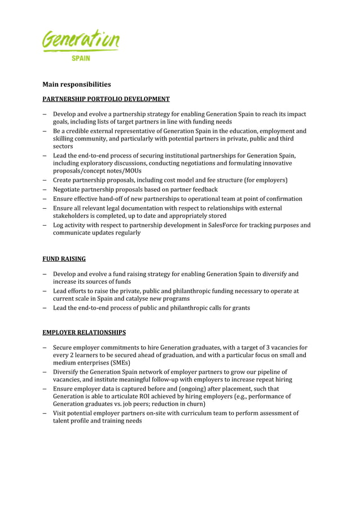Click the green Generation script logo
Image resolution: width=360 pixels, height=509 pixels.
(x=81, y=41)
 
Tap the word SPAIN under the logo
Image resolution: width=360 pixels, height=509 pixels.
(x=81, y=58)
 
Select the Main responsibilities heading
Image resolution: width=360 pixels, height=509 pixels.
(x=77, y=85)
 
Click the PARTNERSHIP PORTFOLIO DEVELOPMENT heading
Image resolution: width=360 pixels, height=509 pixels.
(x=106, y=99)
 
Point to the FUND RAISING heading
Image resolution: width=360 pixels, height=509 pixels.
(x=64, y=259)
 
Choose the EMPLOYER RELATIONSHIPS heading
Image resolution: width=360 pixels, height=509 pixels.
(x=84, y=332)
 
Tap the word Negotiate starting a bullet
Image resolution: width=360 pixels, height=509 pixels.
(x=68, y=190)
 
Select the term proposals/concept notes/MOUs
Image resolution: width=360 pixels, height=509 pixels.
(x=97, y=171)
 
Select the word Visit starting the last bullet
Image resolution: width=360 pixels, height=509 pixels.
(x=60, y=413)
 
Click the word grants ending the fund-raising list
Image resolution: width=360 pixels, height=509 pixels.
(x=240, y=308)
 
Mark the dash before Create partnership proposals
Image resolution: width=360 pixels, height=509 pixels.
(x=45, y=180)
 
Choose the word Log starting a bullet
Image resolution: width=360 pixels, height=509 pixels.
(x=59, y=225)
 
